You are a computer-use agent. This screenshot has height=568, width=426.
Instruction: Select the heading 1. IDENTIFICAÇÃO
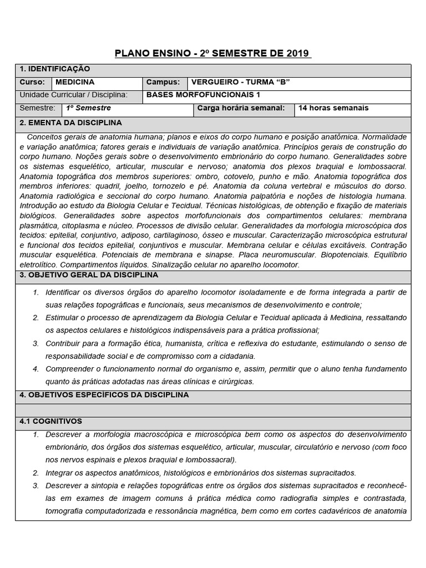click(54, 69)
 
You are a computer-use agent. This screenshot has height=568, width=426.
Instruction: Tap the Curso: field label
click(31, 82)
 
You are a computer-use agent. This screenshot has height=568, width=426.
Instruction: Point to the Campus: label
click(163, 82)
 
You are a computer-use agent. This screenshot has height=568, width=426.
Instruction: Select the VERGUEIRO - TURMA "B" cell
click(240, 82)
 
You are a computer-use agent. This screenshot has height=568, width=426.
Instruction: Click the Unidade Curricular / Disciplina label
click(73, 95)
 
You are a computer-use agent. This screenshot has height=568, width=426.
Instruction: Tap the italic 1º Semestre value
click(88, 108)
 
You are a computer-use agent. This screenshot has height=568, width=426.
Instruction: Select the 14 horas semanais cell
click(333, 108)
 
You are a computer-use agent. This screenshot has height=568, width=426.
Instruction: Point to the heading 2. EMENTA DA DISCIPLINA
click(70, 123)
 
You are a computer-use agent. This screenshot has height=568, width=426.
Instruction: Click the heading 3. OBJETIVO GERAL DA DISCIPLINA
click(89, 275)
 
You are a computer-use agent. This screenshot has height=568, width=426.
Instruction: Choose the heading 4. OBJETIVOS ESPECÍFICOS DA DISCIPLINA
click(104, 395)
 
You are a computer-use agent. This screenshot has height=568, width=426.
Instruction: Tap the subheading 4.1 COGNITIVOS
click(50, 422)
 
